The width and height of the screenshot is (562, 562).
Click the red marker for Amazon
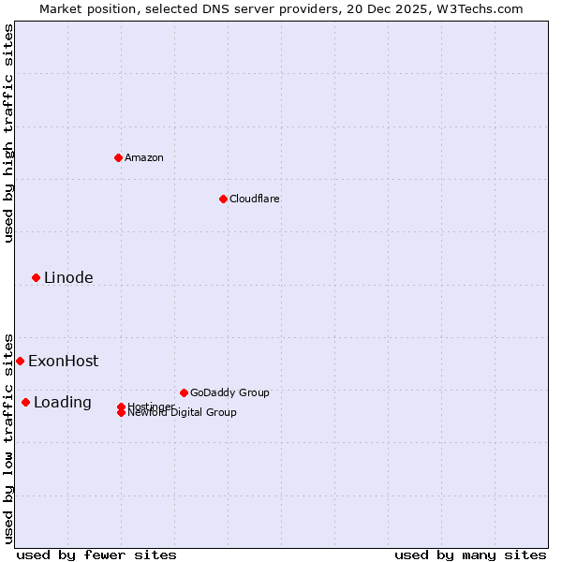click(x=118, y=157)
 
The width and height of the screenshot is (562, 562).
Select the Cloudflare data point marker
click(x=223, y=199)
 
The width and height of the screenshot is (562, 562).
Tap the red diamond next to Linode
click(x=36, y=277)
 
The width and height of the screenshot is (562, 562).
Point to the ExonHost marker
click(x=20, y=361)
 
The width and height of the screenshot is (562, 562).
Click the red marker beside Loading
click(x=25, y=402)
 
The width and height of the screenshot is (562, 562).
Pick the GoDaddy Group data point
click(x=184, y=392)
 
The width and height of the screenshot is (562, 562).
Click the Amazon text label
click(x=144, y=157)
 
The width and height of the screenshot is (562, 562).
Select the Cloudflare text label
click(x=255, y=199)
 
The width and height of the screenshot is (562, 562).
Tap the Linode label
click(x=68, y=277)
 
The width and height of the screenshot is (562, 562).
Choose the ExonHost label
click(x=63, y=361)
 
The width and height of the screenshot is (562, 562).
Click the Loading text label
click(x=63, y=403)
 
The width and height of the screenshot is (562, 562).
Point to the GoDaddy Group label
click(x=229, y=392)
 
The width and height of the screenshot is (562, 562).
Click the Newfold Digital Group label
click(x=182, y=413)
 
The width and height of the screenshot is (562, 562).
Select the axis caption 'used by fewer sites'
click(x=96, y=555)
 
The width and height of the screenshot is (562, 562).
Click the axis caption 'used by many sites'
click(x=470, y=555)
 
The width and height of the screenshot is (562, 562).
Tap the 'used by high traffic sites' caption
click(x=8, y=133)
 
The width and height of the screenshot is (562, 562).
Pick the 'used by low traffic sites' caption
click(x=8, y=438)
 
